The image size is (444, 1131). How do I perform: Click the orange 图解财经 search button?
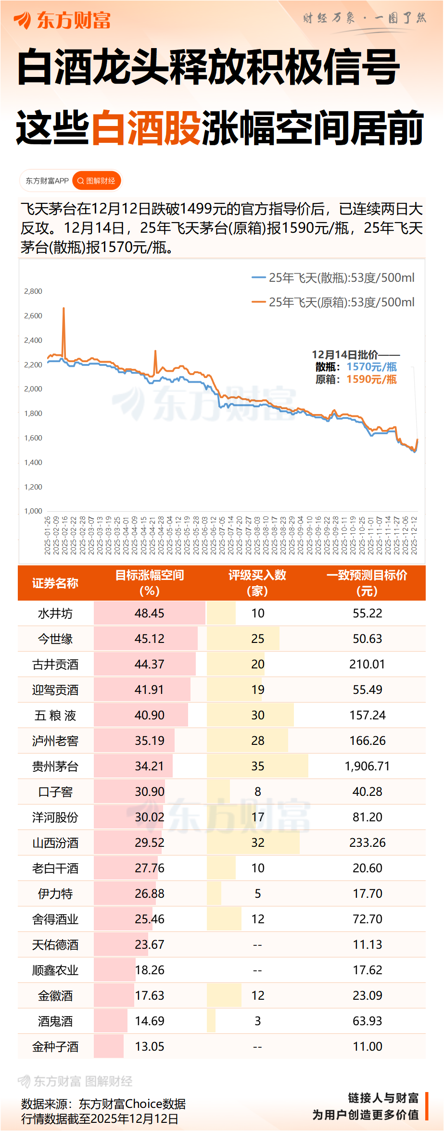pos(96,181)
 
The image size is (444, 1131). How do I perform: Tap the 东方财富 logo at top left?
pos(63,20)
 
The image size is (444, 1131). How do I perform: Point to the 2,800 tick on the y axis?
pos(33,291)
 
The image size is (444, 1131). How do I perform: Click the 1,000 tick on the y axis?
pos(33,511)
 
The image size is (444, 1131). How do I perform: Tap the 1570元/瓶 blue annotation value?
pos(371,367)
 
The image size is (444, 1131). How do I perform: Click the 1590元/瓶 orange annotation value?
pos(371,379)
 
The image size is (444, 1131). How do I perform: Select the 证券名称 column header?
pos(55,583)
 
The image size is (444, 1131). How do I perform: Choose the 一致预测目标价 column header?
pos(367,583)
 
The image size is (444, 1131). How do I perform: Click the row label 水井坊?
pos(55,614)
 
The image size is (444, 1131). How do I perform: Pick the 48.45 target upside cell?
pos(149,613)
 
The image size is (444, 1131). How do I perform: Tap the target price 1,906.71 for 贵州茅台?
pos(367,766)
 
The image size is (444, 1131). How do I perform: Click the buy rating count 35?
pos(258,766)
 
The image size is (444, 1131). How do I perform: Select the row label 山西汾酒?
pos(55,843)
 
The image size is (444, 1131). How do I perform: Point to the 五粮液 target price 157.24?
pos(367,715)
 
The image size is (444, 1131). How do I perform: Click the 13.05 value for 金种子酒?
pos(149,1046)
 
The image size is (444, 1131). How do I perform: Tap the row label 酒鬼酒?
pos(55,1021)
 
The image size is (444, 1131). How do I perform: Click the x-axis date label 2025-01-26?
pos(48,536)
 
